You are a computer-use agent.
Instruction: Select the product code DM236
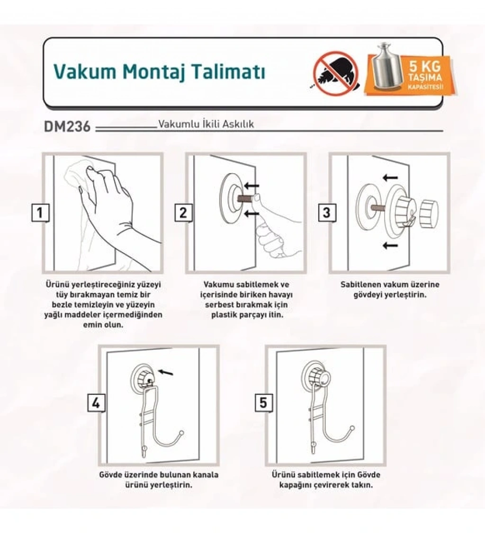pos(67,126)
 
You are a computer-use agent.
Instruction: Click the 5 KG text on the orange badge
pos(425,66)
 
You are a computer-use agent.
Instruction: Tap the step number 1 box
pos(40,213)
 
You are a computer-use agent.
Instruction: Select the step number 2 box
pos(183,213)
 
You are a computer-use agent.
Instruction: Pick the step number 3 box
pos(326,213)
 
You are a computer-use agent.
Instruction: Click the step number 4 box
pos(96,403)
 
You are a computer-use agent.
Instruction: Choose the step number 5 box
pos(263,402)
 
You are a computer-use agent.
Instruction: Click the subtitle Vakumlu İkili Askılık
pos(206,124)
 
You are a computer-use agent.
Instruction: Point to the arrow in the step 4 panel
pos(166,372)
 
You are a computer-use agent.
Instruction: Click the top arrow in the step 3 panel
pos(390,178)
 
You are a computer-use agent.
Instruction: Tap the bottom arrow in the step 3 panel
pos(390,245)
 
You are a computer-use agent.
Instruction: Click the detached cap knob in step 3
pos(429,214)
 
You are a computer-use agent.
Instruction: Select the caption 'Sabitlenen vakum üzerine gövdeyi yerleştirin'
pos(390,290)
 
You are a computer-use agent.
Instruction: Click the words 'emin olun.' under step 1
pos(103,324)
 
